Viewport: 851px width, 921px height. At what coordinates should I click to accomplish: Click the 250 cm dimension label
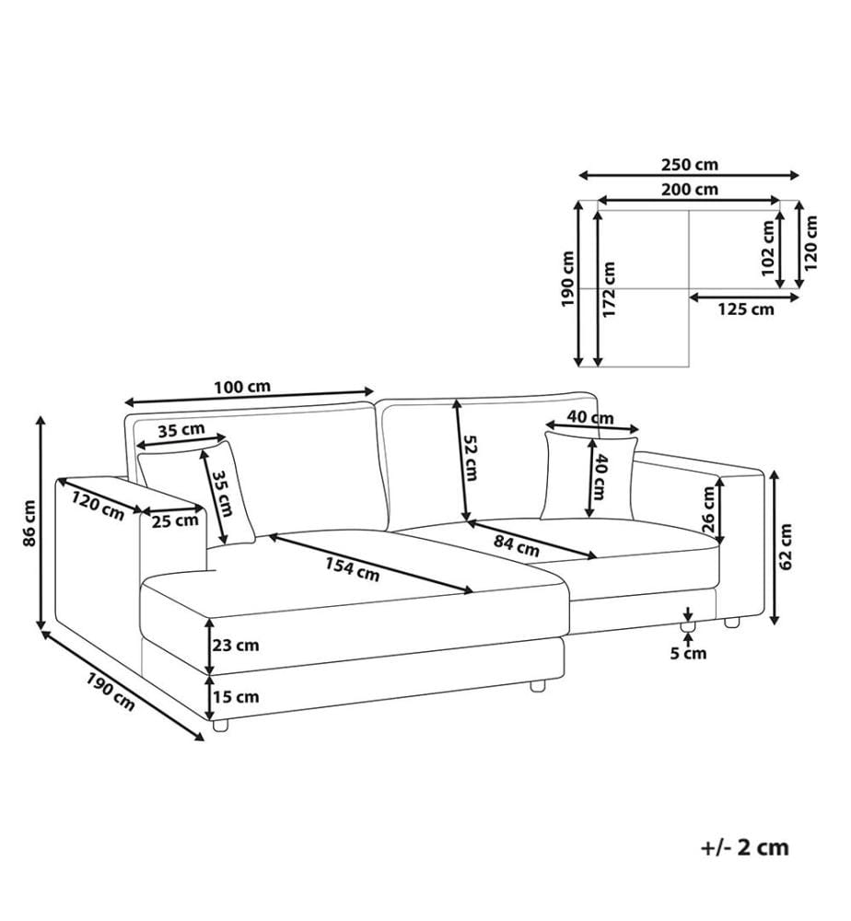coord(690,165)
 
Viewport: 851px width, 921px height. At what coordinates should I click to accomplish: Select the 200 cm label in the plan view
coord(690,190)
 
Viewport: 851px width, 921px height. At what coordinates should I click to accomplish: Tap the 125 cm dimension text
coord(746,309)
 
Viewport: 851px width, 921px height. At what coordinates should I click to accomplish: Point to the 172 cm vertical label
coord(609,289)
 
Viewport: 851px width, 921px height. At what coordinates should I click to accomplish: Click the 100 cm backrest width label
coord(242,387)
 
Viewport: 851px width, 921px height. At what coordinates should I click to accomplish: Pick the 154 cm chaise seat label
coord(353,568)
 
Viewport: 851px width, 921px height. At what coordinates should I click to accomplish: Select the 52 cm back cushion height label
coord(470,458)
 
